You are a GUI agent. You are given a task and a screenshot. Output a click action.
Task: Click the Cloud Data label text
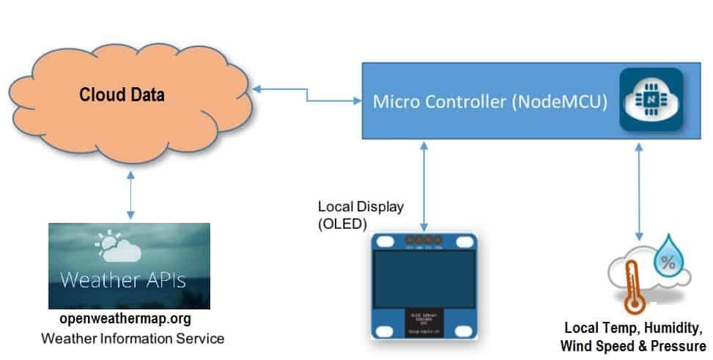[x=122, y=95]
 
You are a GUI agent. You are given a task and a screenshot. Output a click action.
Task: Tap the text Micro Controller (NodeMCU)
[x=490, y=101]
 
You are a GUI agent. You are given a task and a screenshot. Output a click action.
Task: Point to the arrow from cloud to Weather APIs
[x=130, y=196]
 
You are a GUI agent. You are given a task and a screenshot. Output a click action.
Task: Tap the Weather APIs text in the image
[x=122, y=279]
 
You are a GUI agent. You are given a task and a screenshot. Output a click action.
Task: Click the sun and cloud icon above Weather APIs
[x=117, y=246]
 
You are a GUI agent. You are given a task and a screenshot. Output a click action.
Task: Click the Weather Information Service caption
[x=132, y=338]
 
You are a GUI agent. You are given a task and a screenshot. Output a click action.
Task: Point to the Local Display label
[x=360, y=207]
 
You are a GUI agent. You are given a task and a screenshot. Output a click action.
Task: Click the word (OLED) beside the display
[x=341, y=224]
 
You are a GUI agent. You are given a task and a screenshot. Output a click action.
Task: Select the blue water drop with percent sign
[x=668, y=261]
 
